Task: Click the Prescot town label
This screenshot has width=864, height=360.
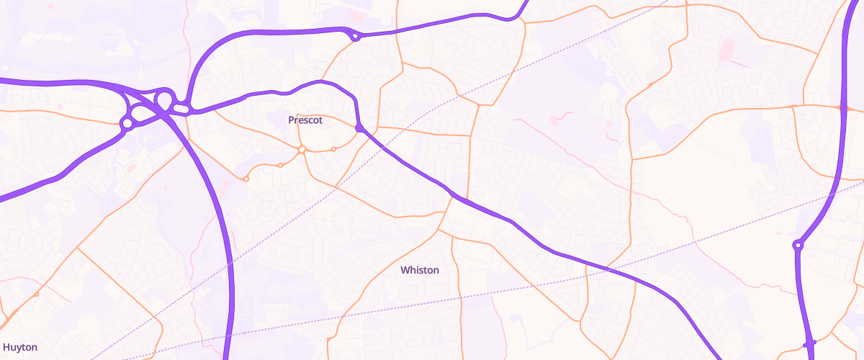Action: pos(305,120)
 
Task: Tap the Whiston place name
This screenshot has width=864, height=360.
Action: pos(419,270)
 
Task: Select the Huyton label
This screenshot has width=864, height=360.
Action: pos(19,347)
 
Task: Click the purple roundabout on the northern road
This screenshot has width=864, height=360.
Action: pos(355,35)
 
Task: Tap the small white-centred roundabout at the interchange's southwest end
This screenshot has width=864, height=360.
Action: pos(127,124)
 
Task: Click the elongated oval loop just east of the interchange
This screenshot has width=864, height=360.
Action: pos(181,108)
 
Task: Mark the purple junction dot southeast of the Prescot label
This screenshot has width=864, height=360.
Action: pos(359,129)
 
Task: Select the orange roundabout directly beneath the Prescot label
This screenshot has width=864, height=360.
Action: pos(302,149)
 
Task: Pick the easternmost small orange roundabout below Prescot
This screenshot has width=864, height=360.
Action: pos(333,149)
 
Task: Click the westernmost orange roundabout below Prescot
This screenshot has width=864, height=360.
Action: pos(246,179)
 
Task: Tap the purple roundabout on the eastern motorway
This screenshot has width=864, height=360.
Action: pos(798,246)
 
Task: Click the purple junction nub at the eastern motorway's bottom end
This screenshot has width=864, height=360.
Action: pos(809,343)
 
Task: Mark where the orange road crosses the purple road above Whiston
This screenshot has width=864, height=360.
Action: pos(454,195)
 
